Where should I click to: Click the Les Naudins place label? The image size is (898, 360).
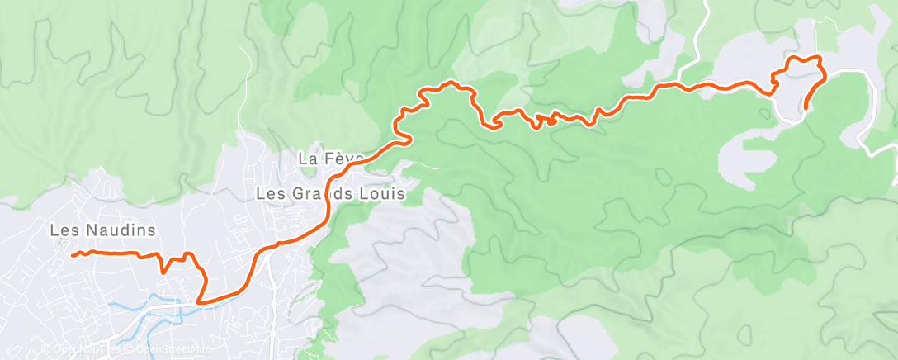click(x=102, y=230)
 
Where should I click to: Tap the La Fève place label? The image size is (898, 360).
click(x=331, y=159)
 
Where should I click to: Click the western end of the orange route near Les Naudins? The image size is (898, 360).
click(x=73, y=255)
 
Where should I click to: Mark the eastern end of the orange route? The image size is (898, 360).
click(x=805, y=108)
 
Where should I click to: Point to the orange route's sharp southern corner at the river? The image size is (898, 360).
click(x=199, y=302)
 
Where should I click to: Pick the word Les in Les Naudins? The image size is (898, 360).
click(x=63, y=230)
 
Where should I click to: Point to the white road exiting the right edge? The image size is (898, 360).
click(x=888, y=149)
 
